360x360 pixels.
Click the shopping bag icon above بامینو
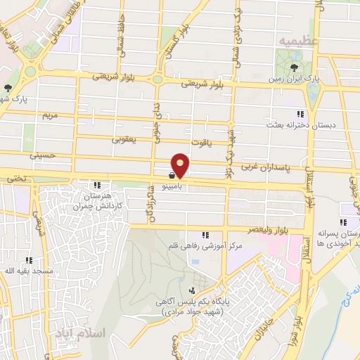coord(172,176)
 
